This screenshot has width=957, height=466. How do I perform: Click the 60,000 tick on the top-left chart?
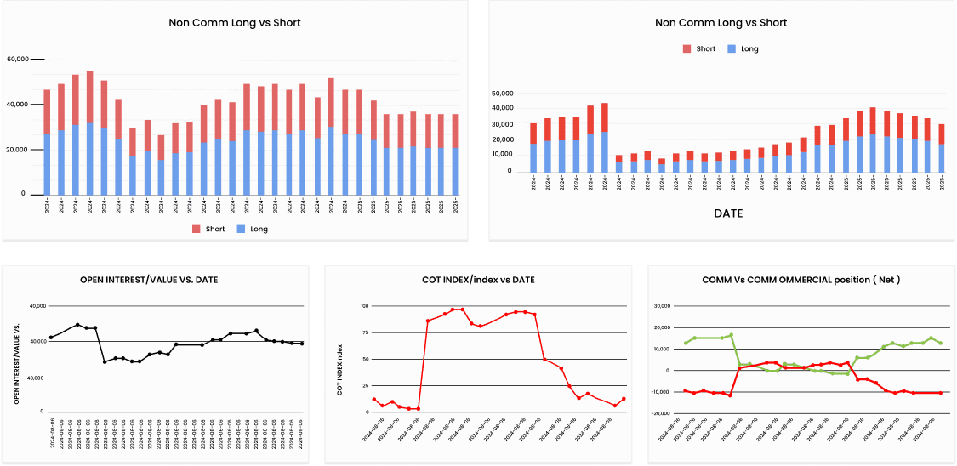point(17,60)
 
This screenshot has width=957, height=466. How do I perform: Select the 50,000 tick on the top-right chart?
point(502,93)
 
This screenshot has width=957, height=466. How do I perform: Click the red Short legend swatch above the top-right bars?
point(686,49)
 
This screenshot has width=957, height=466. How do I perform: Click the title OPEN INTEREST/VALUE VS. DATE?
point(159,280)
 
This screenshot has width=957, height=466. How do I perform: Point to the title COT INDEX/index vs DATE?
point(479,280)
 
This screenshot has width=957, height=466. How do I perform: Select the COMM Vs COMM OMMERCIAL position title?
point(801,280)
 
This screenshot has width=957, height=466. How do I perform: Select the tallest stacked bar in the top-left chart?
point(90,133)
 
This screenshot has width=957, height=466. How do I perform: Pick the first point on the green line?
point(686,343)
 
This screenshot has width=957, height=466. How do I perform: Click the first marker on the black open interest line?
point(51,338)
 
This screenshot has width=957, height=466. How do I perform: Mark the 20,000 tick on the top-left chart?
point(17,150)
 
